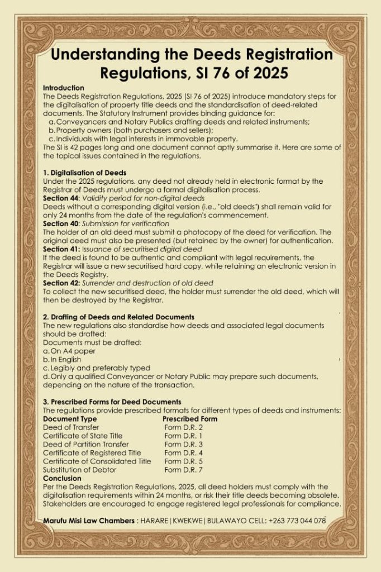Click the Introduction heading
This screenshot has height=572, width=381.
click(x=63, y=88)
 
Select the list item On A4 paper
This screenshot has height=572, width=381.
click(x=65, y=351)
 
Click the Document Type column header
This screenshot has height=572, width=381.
click(x=70, y=418)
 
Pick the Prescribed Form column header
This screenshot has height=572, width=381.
click(x=190, y=418)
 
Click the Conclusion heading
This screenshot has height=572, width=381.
click(x=62, y=478)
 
